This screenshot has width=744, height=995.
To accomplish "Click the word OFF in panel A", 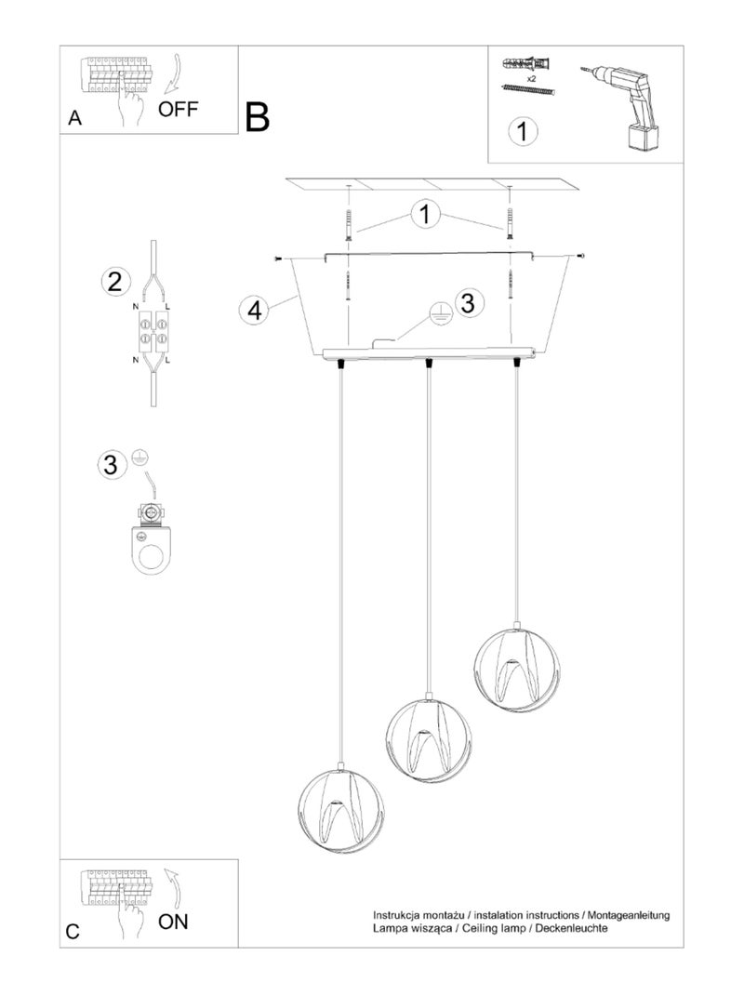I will point(178,109).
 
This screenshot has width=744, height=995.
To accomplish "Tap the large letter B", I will point(258,118).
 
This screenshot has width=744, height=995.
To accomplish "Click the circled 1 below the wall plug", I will point(524,130).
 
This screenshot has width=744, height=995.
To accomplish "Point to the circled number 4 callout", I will point(253,310).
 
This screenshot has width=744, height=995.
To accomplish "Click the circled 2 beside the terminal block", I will point(113,281).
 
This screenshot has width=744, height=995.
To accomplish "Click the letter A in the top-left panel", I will point(74,118).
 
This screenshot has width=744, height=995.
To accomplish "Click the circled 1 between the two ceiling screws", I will point(426,215).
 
